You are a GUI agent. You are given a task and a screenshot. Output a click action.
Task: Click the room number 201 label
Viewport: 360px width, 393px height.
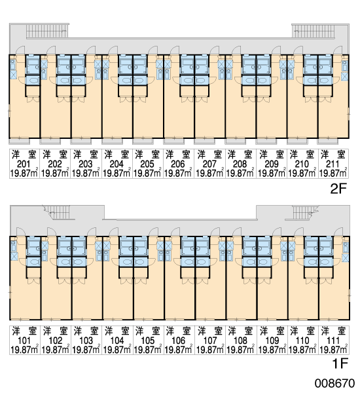(x=24, y=164)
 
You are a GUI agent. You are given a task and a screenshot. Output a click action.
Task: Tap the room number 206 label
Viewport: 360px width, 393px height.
(x=178, y=164)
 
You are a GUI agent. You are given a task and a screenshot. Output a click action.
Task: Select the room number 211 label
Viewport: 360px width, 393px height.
(x=333, y=164)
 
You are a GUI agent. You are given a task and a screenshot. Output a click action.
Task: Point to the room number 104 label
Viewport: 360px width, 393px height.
(x=117, y=341)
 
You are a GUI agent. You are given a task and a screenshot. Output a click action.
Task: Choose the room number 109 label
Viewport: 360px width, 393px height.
(x=272, y=341)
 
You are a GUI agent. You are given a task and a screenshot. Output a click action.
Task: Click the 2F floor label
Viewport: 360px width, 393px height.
(x=338, y=189)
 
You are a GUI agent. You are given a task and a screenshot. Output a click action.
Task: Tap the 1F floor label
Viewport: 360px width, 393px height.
(x=340, y=364)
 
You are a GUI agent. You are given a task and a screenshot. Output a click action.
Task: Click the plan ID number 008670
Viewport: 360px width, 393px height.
(x=334, y=383)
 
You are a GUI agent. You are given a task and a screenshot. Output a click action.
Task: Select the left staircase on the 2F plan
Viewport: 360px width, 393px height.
(x=47, y=31)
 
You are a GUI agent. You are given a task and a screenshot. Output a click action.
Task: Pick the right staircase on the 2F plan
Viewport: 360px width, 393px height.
(x=313, y=31)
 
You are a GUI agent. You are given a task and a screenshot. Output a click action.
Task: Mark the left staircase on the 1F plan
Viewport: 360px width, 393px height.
(x=60, y=212)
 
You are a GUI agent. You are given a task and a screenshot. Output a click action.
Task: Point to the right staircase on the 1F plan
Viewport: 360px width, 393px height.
(x=302, y=212)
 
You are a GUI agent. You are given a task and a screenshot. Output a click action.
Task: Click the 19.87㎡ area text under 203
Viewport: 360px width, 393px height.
(x=86, y=173)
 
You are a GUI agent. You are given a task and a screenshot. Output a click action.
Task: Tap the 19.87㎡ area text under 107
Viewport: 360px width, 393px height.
(x=210, y=350)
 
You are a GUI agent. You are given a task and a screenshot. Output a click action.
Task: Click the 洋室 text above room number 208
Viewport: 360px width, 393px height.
(x=240, y=155)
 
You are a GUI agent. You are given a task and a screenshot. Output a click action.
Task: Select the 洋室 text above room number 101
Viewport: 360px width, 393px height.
(x=24, y=331)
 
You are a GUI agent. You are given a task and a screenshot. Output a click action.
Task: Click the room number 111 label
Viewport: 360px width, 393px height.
(x=333, y=341)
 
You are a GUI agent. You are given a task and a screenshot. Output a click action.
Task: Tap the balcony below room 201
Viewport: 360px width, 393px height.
(x=19, y=141)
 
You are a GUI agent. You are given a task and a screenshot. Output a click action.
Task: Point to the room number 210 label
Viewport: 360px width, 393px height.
(x=302, y=164)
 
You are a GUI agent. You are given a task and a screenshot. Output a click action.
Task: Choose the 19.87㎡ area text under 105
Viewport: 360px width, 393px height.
(x=148, y=350)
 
